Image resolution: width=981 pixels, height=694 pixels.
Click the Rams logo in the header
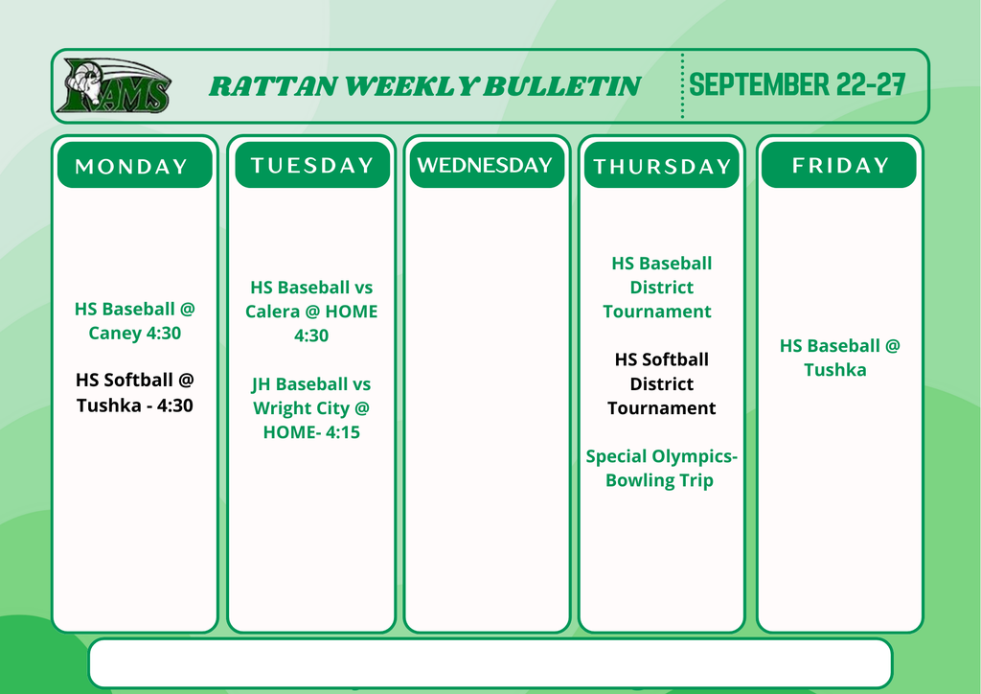[x=115, y=85]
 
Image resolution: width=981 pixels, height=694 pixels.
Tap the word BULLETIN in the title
[x=562, y=86]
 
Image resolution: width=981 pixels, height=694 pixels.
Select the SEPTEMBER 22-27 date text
[x=796, y=84]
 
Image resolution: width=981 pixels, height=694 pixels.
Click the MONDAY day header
[x=134, y=165]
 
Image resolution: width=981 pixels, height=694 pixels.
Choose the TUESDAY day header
[x=312, y=165]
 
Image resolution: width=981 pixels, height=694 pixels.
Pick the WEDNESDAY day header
[x=487, y=165]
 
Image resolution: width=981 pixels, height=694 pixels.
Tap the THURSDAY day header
[x=662, y=165]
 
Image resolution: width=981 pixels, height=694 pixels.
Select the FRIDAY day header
[x=839, y=165]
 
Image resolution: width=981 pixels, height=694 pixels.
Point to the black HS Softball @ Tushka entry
[x=134, y=392]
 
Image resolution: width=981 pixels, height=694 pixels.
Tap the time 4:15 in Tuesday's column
[x=342, y=432]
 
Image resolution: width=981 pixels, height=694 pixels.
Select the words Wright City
[x=301, y=408]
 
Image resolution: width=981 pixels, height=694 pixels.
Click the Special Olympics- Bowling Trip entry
[x=661, y=468]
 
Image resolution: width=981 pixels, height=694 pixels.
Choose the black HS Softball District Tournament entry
[x=661, y=383]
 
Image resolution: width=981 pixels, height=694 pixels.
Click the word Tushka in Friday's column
[x=835, y=370]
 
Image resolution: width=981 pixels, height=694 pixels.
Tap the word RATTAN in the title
[x=273, y=86]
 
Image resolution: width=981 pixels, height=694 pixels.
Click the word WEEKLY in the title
[x=412, y=86]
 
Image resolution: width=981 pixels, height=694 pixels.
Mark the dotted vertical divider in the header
[x=682, y=85]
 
